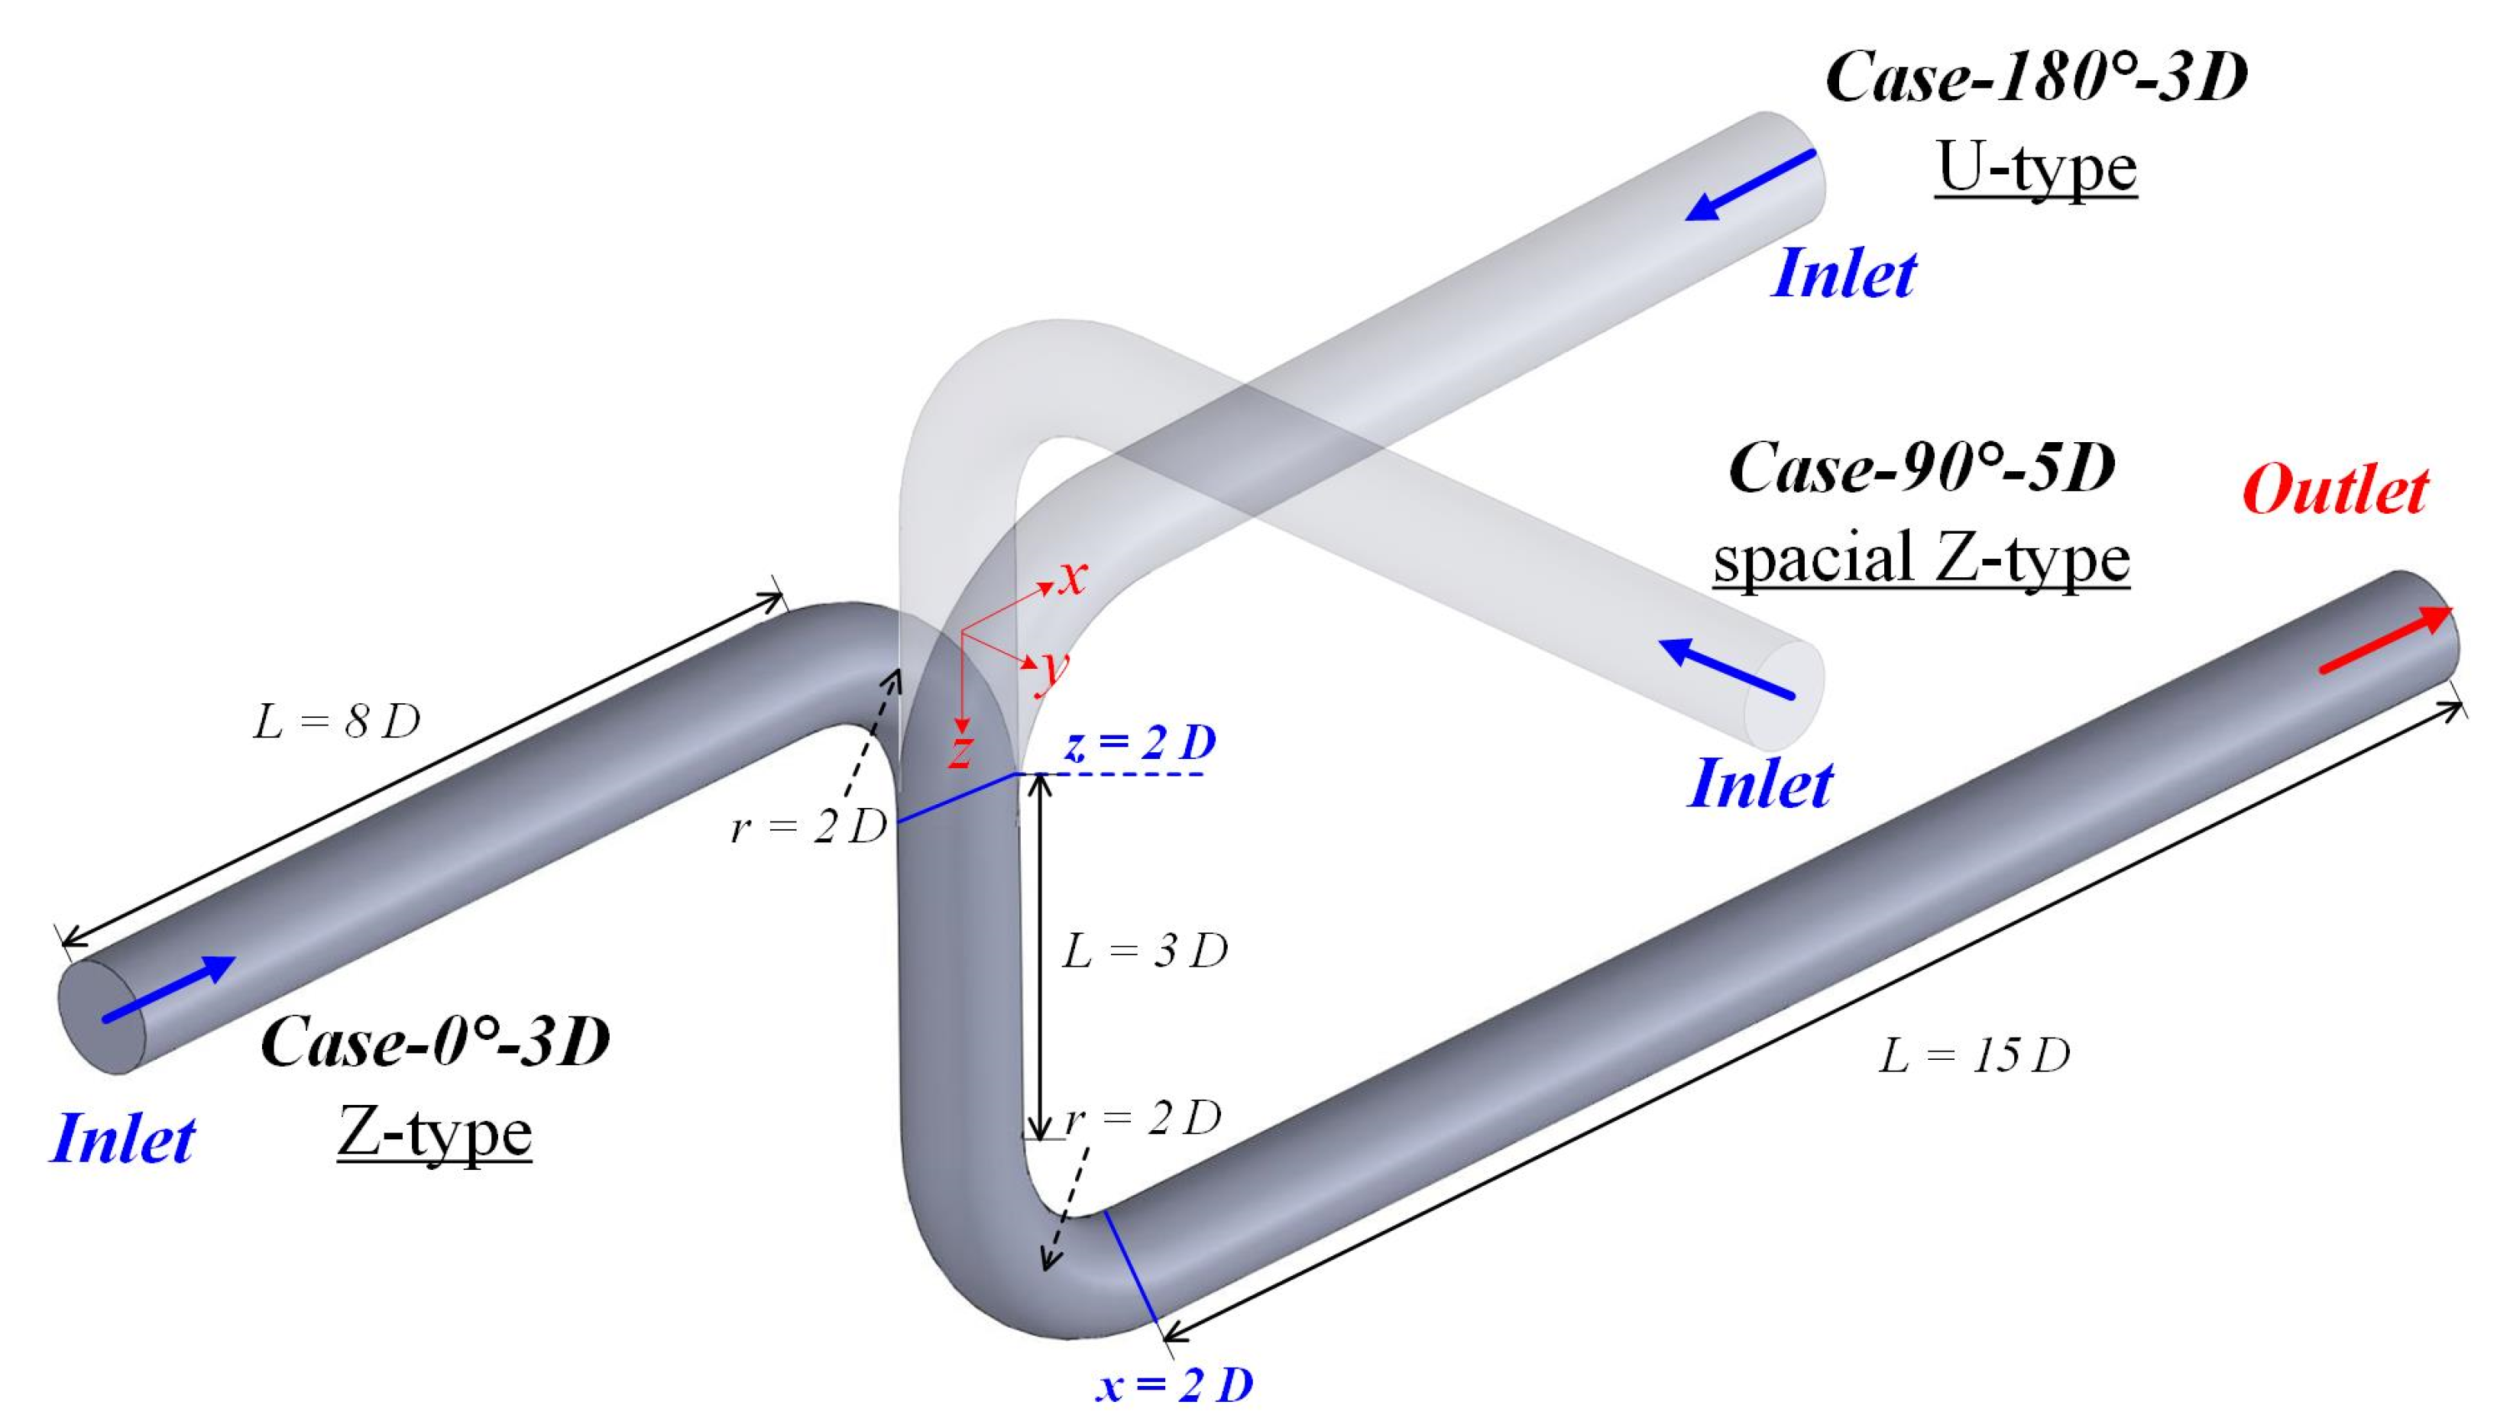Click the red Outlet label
(2334, 491)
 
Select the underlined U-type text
(2036, 167)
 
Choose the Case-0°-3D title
(436, 1041)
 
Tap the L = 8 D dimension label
(336, 722)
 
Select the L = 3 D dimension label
(1145, 950)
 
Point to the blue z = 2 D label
(1141, 743)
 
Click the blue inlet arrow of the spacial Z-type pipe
(1725, 668)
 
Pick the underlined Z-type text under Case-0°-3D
(435, 1134)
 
